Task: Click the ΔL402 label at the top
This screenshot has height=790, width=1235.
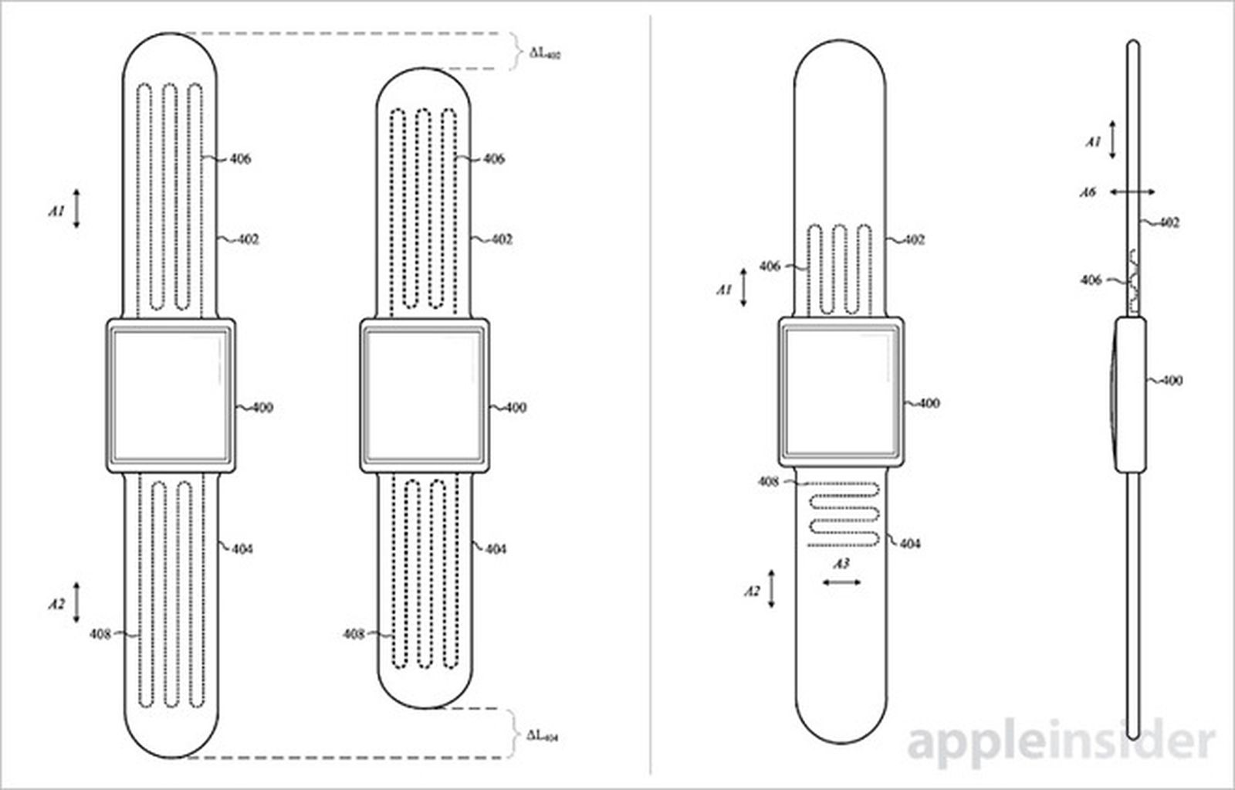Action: (545, 53)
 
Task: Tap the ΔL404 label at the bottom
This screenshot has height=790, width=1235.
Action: (543, 736)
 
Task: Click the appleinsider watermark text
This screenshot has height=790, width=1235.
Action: (1061, 742)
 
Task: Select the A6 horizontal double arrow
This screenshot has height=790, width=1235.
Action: (1132, 192)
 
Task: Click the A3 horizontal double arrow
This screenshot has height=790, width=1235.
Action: (841, 582)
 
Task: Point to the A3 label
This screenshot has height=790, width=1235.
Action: (841, 564)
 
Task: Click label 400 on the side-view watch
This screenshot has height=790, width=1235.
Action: (1171, 380)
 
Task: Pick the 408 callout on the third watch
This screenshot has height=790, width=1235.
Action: (767, 481)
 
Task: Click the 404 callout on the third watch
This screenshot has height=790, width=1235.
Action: (909, 544)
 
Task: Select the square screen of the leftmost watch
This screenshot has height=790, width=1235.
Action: (169, 395)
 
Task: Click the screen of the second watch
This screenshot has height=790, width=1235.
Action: (423, 395)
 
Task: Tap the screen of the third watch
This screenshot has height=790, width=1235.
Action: (841, 391)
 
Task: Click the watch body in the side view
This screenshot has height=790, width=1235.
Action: (1129, 394)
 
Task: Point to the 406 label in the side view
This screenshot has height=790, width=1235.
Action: (1091, 280)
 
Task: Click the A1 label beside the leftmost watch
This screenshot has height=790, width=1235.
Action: (56, 210)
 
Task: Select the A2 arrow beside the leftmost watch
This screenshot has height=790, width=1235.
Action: (76, 602)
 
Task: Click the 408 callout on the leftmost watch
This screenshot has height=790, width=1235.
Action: (100, 634)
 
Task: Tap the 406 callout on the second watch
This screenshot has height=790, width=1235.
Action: (493, 158)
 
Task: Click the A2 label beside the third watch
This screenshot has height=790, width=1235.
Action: (751, 591)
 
